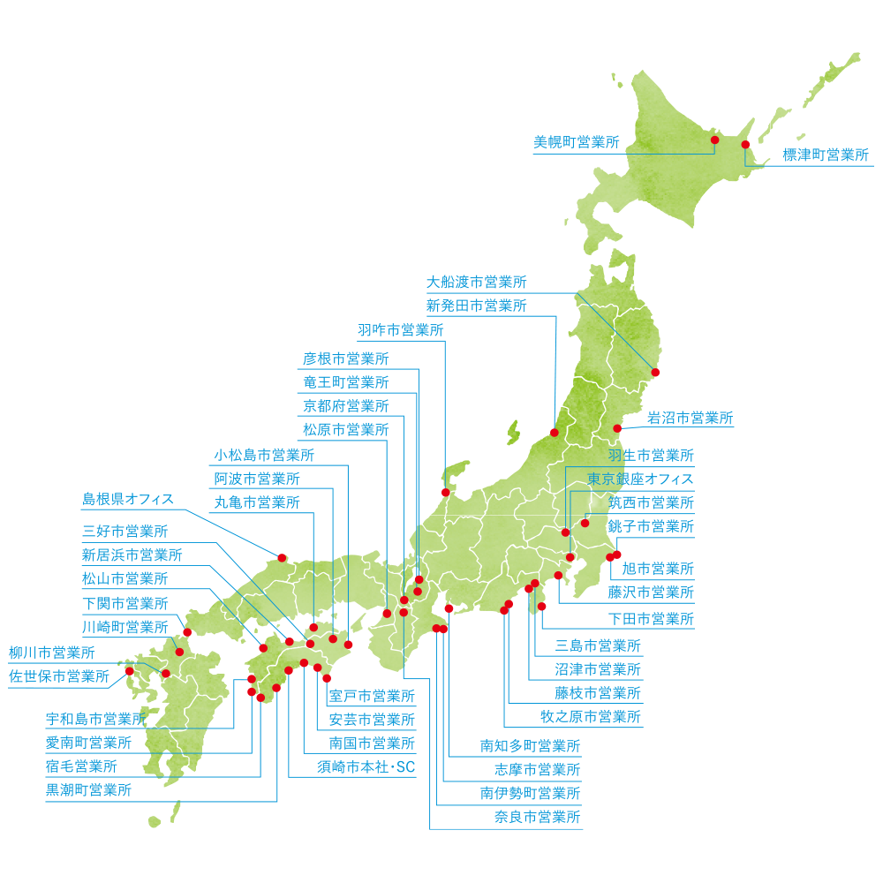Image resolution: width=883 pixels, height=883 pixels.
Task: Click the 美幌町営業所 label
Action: pyautogui.click(x=577, y=141)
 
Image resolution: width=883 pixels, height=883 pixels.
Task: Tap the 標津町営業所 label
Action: pyautogui.click(x=826, y=155)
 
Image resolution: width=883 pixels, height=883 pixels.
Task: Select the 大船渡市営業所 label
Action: pyautogui.click(x=477, y=283)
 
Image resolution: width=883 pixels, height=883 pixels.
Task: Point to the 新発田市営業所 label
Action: pyautogui.click(x=477, y=306)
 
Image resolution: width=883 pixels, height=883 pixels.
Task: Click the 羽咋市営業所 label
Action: pyautogui.click(x=401, y=330)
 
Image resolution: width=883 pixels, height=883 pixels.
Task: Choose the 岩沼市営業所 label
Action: pyautogui.click(x=690, y=418)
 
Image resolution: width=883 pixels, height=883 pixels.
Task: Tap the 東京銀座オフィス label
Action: pyautogui.click(x=641, y=479)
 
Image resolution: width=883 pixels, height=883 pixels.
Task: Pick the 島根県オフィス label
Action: pyautogui.click(x=128, y=499)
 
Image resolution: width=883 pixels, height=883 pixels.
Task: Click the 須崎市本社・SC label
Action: pyautogui.click(x=366, y=767)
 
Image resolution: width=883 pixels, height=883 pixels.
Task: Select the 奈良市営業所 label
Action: pyautogui.click(x=538, y=818)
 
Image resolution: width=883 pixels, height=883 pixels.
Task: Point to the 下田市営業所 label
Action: pyautogui.click(x=651, y=618)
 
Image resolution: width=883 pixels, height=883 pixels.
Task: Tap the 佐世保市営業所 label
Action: pyautogui.click(x=59, y=677)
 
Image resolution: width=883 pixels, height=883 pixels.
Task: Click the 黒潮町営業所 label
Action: pyautogui.click(x=88, y=790)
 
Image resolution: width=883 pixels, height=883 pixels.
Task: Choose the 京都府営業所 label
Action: pyautogui.click(x=345, y=406)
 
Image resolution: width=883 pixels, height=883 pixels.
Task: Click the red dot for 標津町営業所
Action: pyautogui.click(x=745, y=144)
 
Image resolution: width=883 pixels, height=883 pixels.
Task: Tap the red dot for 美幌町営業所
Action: pyautogui.click(x=714, y=140)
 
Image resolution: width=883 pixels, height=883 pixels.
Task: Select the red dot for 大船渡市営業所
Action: pyautogui.click(x=655, y=373)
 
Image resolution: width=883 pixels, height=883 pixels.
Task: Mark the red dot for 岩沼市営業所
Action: pyautogui.click(x=617, y=429)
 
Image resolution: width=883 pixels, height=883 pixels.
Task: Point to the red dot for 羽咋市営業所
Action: pyautogui.click(x=445, y=493)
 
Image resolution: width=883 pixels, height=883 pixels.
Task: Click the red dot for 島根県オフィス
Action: pyautogui.click(x=282, y=557)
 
